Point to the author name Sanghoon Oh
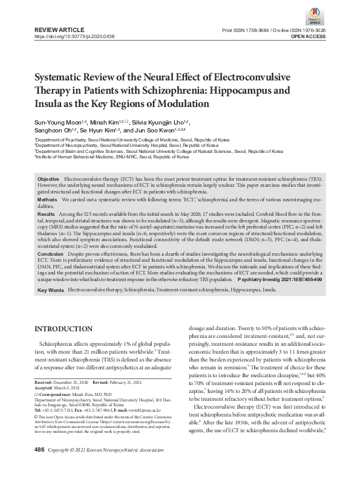point(55,131)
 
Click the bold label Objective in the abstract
point(48,180)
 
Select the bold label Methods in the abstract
point(48,199)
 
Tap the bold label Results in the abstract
point(47,214)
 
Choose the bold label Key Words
point(51,291)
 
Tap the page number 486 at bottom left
point(40,467)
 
